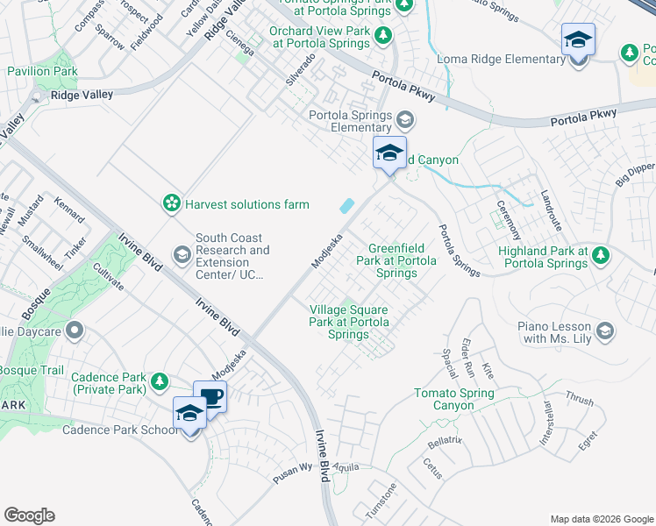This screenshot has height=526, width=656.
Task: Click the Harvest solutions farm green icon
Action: tap(171, 204)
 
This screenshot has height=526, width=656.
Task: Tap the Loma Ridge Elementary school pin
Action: tap(578, 41)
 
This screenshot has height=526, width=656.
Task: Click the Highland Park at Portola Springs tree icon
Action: tap(601, 256)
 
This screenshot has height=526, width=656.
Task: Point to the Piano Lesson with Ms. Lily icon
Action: tap(604, 331)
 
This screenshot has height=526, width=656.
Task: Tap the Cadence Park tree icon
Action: tap(159, 380)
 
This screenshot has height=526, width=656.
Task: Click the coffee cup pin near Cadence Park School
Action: tap(210, 396)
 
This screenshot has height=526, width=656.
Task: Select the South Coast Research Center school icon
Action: tap(182, 255)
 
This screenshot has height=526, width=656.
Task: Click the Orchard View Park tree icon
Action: tap(383, 36)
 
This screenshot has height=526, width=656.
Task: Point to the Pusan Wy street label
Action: tap(292, 467)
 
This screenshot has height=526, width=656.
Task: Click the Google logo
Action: tap(28, 515)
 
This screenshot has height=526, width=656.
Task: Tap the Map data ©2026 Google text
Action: tap(601, 518)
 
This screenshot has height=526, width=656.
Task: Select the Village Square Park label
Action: tap(349, 322)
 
